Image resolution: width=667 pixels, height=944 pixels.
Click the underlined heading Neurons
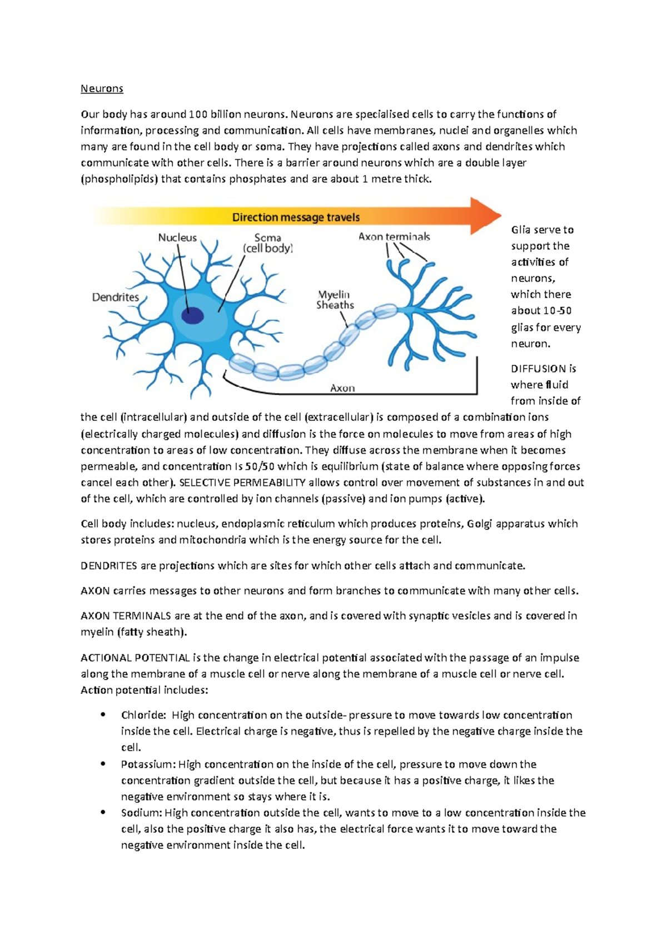click(x=102, y=88)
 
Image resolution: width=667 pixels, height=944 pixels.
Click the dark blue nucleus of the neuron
click(x=192, y=316)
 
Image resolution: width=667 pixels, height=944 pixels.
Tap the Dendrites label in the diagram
click(x=116, y=297)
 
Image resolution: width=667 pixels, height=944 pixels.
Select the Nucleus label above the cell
click(x=177, y=237)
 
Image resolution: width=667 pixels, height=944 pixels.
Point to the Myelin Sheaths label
click(x=335, y=300)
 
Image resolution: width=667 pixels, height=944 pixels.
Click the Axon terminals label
click(x=394, y=236)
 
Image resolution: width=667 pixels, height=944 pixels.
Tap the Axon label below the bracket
click(x=342, y=388)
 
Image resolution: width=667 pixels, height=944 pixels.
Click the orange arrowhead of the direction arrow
click(x=485, y=216)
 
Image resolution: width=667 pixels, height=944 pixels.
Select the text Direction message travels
click(x=296, y=217)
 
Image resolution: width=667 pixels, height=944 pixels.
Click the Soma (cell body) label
click(x=267, y=243)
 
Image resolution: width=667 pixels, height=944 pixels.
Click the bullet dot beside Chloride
click(x=103, y=715)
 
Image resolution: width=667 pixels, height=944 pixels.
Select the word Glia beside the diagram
click(x=521, y=230)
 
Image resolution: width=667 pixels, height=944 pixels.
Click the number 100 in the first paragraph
click(x=198, y=115)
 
